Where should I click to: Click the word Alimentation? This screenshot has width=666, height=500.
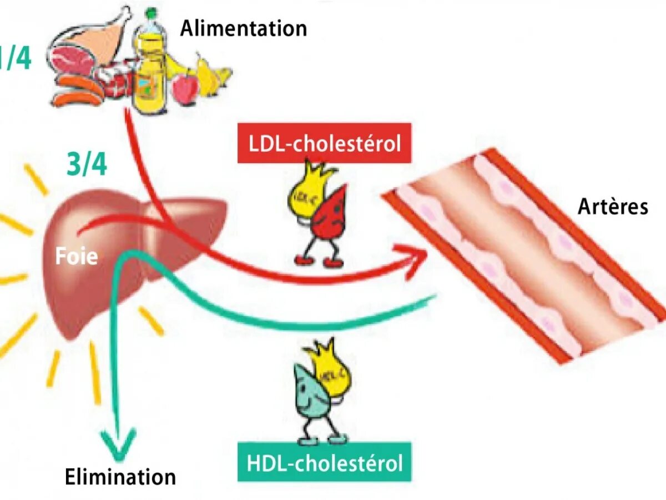click(243, 28)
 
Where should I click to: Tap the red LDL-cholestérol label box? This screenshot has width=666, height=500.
click(324, 143)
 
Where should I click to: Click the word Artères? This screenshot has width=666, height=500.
click(613, 207)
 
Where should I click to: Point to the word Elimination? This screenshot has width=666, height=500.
click(120, 477)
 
